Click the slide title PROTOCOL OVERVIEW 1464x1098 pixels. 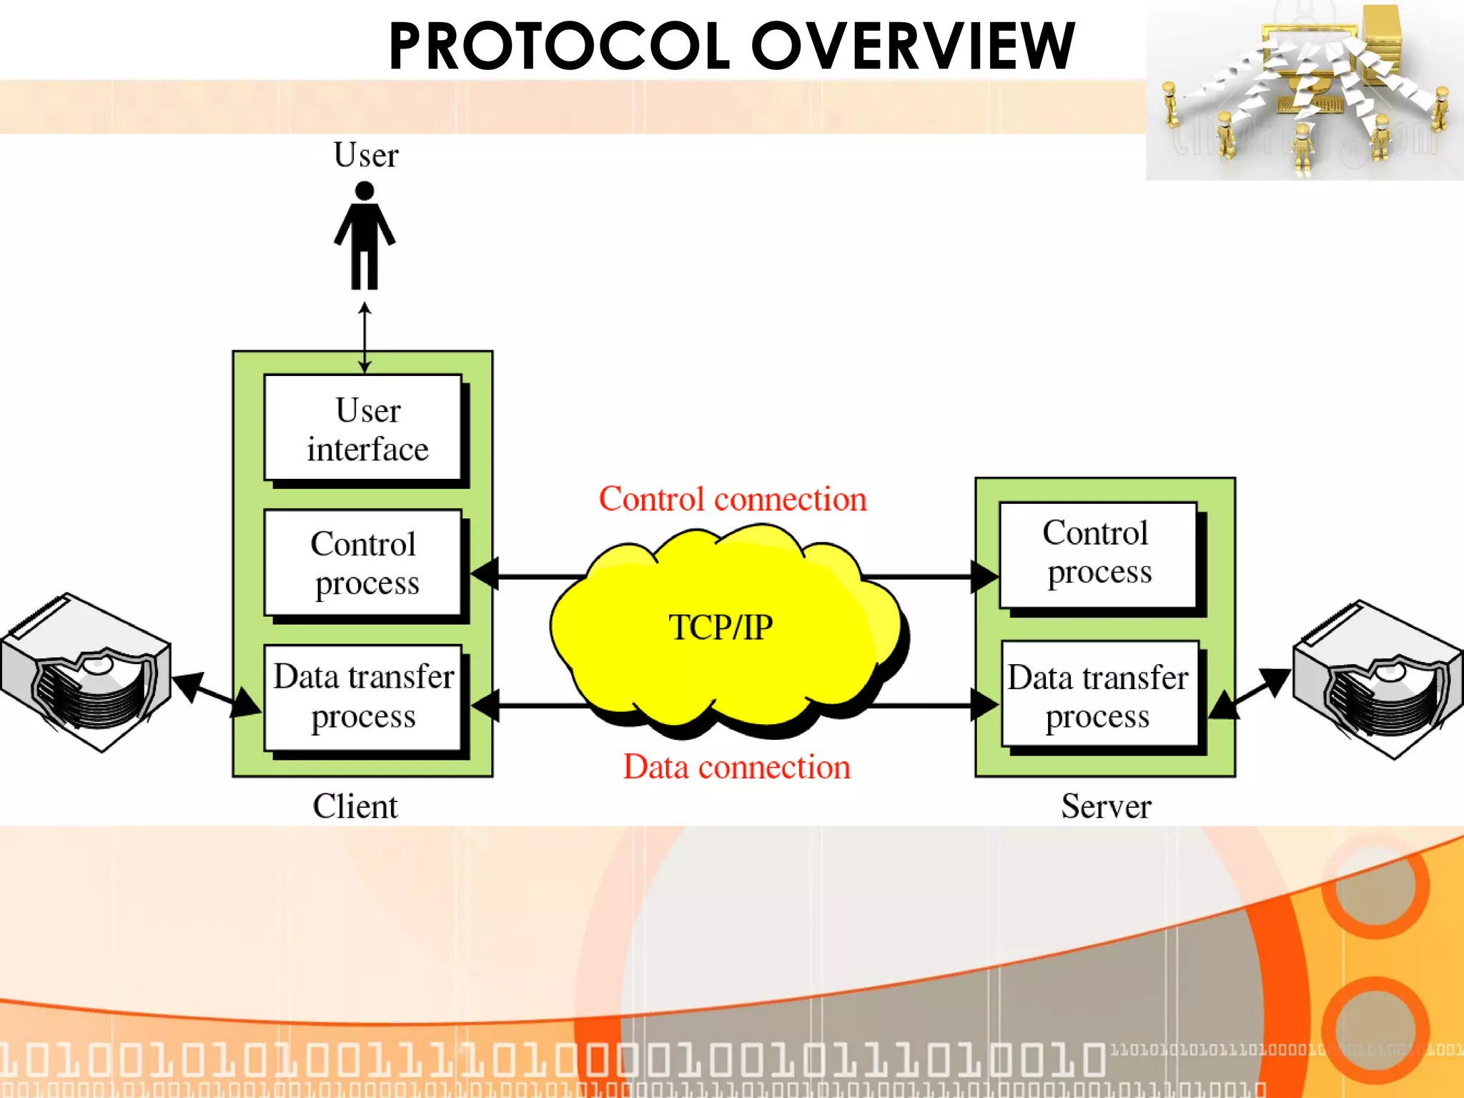[x=731, y=46]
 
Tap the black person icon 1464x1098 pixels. [x=365, y=236]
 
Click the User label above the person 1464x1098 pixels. [x=365, y=155]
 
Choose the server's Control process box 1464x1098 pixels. [x=1098, y=555]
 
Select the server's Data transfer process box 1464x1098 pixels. [x=1099, y=694]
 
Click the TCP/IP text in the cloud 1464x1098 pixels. [x=721, y=628]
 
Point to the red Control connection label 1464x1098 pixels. [x=733, y=499]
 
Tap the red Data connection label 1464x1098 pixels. [x=736, y=767]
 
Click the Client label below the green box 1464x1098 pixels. [x=355, y=806]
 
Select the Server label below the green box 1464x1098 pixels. [x=1106, y=806]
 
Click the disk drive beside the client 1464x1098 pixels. [x=86, y=672]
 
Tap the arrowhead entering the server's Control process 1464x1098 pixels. [x=985, y=576]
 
